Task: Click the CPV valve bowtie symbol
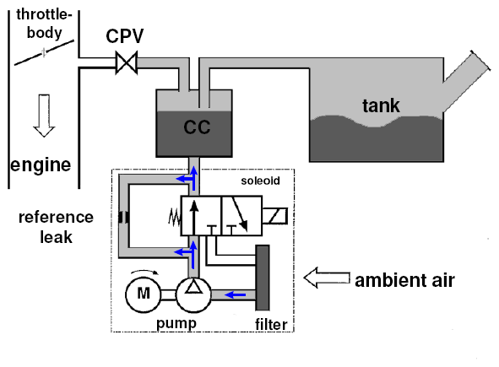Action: [x=127, y=62]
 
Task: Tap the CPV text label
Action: [x=125, y=36]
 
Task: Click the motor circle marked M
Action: [x=144, y=294]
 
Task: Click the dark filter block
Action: [x=263, y=278]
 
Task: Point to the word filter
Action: [x=271, y=324]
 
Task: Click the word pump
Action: [x=176, y=323]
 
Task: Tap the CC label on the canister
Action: [x=197, y=127]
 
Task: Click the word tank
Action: [x=381, y=105]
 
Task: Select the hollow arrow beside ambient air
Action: [x=327, y=278]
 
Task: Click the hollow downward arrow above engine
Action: [x=44, y=116]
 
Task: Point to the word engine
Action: [x=41, y=165]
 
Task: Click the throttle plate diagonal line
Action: [x=44, y=52]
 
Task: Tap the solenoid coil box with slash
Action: [x=275, y=216]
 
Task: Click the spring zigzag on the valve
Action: [x=175, y=217]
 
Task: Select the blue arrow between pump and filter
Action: [x=236, y=294]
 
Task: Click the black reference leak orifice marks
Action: [x=123, y=218]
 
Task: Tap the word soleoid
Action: [x=260, y=181]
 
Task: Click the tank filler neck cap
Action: [x=480, y=61]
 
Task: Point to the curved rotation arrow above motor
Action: [x=144, y=272]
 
